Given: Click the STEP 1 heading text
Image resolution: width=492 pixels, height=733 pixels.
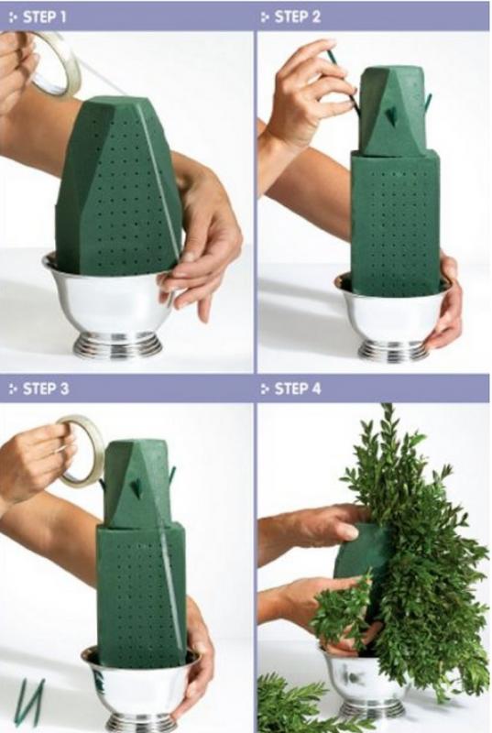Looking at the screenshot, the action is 44,17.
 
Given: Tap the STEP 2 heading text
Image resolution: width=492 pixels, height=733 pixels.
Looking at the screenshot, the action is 297,17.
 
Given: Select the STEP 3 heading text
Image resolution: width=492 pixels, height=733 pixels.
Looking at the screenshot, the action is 45,388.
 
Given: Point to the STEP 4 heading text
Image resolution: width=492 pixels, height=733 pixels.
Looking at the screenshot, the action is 298,388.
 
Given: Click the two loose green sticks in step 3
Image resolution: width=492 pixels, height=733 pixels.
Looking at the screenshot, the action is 31,700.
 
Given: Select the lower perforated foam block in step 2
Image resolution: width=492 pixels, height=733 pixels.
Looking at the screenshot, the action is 396,224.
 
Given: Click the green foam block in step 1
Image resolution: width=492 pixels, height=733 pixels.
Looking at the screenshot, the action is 118,187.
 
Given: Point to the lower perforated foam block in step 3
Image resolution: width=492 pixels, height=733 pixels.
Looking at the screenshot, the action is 142,594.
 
